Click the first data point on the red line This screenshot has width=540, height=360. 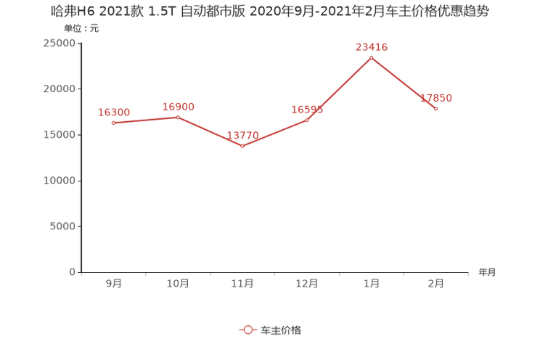pos(114,123)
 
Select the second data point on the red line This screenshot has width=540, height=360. pos(178,117)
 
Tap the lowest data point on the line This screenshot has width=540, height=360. pos(242,147)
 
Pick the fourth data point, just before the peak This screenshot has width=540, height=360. pos(307,120)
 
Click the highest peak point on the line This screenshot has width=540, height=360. pos(371,57)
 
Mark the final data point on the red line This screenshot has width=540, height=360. pos(435,109)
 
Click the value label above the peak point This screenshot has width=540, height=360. pos(371,47)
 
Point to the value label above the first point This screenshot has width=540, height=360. pos(114,112)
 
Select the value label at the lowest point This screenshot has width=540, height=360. pos(242,136)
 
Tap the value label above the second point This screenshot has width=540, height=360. pos(178,107)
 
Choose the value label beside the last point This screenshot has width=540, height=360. pos(438,98)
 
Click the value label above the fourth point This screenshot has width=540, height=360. pos(307,110)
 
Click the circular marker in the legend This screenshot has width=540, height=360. pos(248,330)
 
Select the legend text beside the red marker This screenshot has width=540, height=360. pos(280,330)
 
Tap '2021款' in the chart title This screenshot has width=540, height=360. pos(99,12)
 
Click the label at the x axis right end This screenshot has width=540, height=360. pos(487,273)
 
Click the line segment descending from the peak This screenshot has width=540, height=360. pos(404,83)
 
